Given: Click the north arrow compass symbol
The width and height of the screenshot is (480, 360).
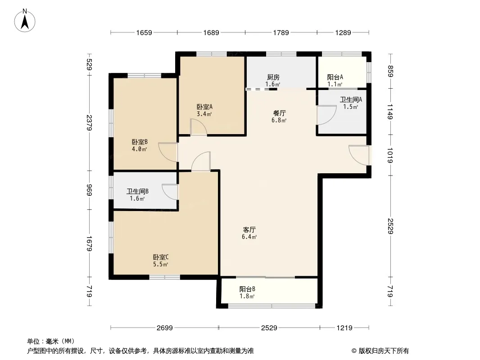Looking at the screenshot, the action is click(25, 21).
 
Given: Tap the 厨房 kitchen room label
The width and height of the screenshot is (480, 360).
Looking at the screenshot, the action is click(273, 77).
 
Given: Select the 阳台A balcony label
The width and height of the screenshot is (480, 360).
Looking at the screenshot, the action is click(335, 77).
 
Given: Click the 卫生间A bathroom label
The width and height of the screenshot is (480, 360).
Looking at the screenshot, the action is click(351, 99).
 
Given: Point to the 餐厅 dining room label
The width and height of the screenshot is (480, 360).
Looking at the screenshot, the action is click(279, 113).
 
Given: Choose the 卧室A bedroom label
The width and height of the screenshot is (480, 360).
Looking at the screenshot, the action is click(204, 107).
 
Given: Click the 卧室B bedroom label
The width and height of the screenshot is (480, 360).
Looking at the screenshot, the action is click(140, 142).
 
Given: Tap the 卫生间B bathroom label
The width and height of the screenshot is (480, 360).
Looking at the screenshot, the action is click(137, 191).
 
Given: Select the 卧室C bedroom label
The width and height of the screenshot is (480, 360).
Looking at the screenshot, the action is click(161, 257).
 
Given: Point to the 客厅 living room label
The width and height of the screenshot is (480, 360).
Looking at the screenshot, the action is click(249, 229).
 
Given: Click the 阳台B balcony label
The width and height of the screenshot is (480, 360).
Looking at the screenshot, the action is click(247, 289).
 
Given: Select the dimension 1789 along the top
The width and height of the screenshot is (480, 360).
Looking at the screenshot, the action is click(281, 32).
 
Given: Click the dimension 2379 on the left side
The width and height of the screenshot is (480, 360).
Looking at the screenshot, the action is click(89, 122).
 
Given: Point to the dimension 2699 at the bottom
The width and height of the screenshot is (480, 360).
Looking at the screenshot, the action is click(165, 328).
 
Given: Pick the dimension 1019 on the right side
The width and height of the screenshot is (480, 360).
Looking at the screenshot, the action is click(390, 155).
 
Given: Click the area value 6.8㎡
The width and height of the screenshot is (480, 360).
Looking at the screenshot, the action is click(279, 120).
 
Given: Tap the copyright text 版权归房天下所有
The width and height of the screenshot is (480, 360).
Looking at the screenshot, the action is click(384, 351).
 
